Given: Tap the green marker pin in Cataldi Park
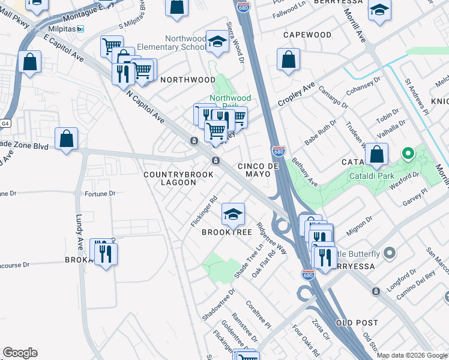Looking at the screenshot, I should point(408,154).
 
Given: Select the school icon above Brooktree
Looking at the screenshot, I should point(234,213).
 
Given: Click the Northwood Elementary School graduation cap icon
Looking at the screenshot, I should point(217,41).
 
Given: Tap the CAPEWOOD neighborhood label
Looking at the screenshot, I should point(307,35).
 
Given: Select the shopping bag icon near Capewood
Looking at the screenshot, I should point(289,59).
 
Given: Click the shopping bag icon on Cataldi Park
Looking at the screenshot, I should point(376,155).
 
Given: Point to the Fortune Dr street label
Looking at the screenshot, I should point(100,194).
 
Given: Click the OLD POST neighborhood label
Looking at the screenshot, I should point(357,323).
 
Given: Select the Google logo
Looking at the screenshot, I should point(20,353).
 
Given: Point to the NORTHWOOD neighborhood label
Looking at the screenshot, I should point(188,80).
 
